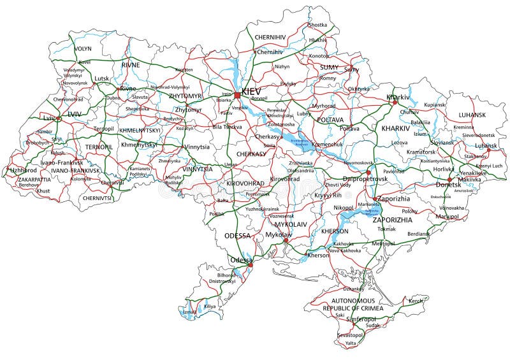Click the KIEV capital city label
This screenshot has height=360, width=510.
click(x=251, y=92)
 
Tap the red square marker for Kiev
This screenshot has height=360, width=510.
click(x=237, y=95)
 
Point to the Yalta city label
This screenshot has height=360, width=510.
click(x=351, y=343)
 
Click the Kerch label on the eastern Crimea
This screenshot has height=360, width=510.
click(x=416, y=300)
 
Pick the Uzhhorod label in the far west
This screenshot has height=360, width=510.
click(x=23, y=170)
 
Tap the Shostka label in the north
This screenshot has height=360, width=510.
click(x=317, y=25)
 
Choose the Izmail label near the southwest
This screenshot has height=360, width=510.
click(x=190, y=312)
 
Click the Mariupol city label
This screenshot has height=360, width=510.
click(x=446, y=217)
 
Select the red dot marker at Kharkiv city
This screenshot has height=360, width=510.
click(x=395, y=102)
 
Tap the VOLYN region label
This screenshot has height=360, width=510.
click(x=84, y=48)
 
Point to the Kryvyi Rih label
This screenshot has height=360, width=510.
click(x=329, y=195)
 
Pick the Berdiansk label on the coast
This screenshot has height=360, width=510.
click(x=418, y=234)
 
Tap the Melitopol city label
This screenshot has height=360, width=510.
click(x=383, y=243)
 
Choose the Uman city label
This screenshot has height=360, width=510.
click(x=231, y=164)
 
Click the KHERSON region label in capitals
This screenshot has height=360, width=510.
click(x=335, y=231)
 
